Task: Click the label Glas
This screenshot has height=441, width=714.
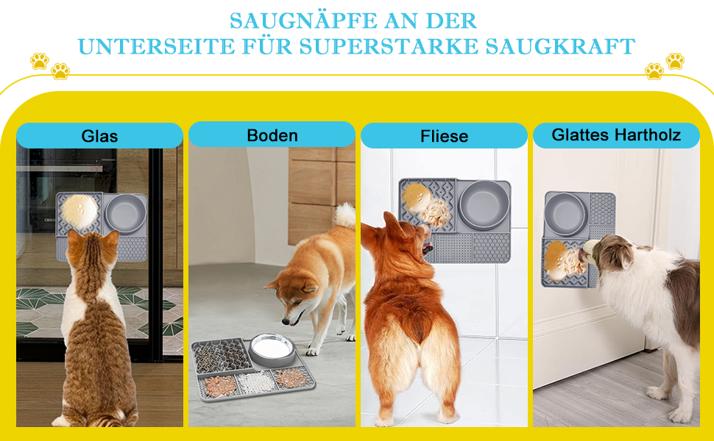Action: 99,136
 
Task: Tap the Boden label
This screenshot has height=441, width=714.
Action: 272,135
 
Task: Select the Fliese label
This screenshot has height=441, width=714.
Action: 444,136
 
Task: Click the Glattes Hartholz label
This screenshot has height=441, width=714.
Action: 616,135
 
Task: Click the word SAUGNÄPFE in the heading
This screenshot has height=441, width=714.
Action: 303,21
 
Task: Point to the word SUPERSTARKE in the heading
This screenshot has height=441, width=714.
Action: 389,46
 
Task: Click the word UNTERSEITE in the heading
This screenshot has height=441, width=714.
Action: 156,46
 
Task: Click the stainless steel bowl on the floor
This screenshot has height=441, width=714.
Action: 272,349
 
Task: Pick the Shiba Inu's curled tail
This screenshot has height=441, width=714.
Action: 345,215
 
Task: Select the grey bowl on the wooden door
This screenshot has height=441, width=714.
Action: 565,214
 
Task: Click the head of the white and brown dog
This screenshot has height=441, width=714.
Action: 609,254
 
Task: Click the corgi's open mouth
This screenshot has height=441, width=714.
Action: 427,247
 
